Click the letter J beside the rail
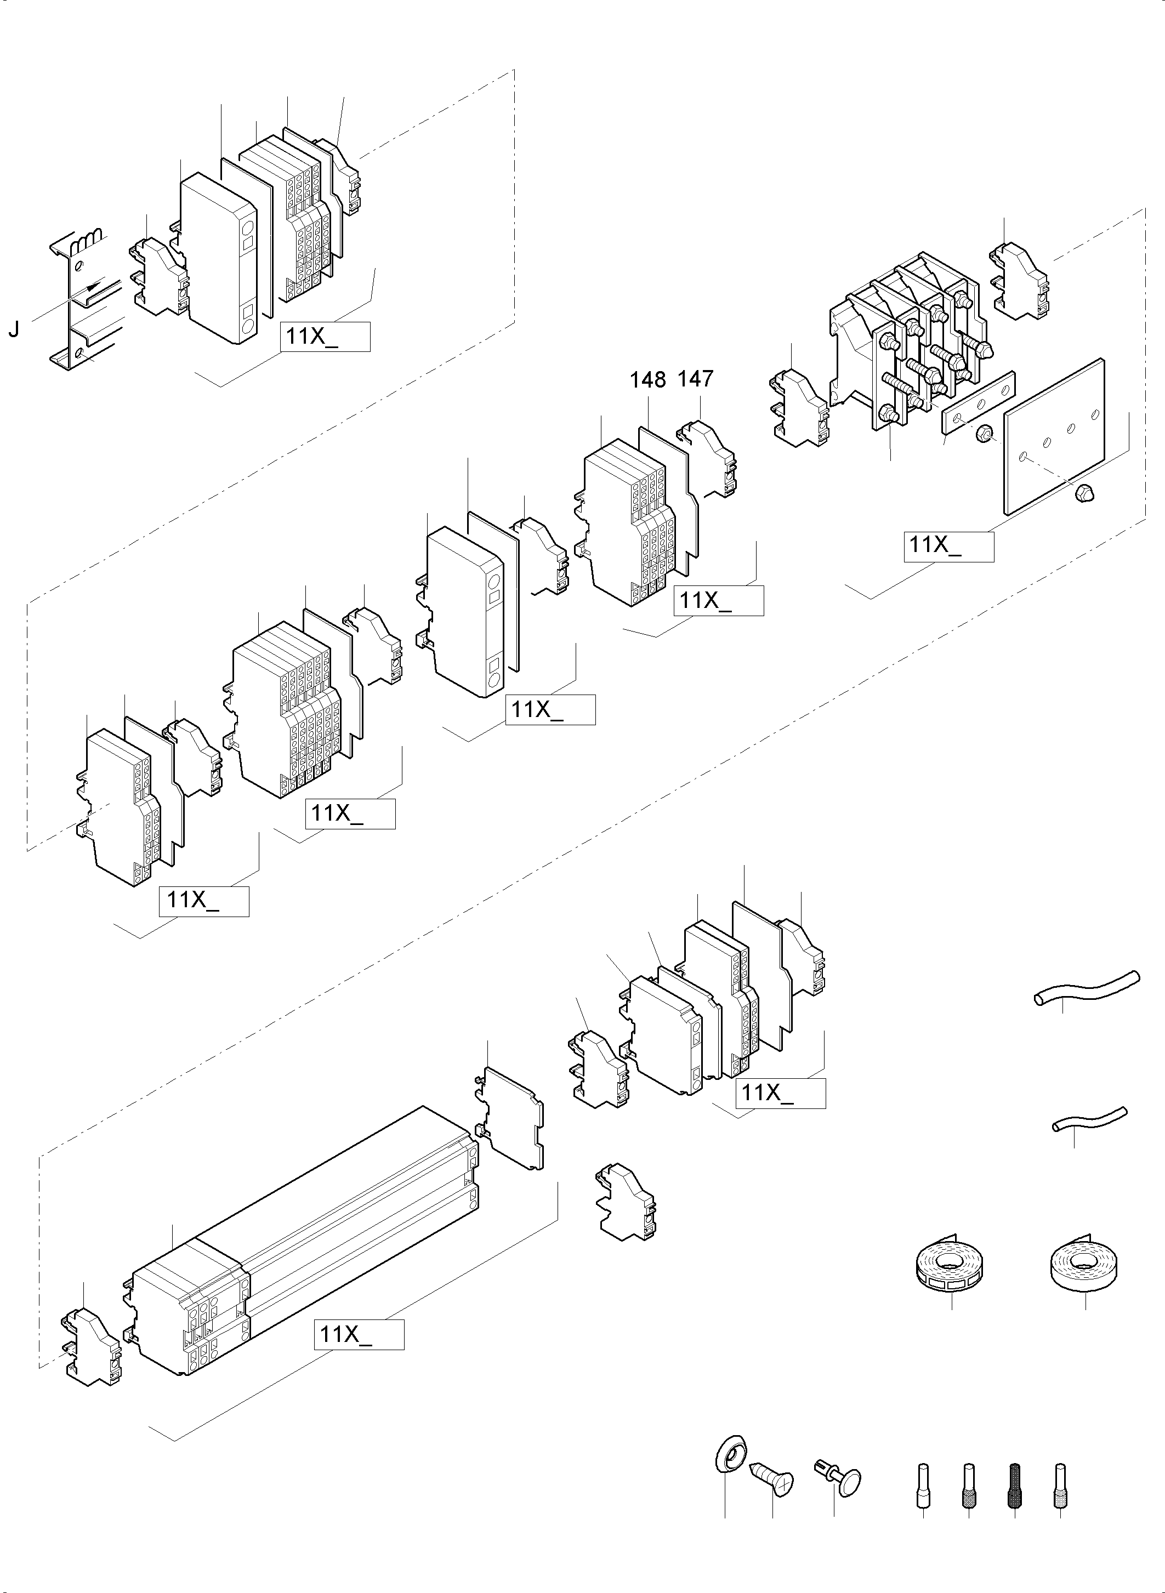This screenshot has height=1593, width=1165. click(x=13, y=330)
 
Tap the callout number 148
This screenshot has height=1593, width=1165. click(x=647, y=380)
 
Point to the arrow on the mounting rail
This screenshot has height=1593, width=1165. click(x=90, y=289)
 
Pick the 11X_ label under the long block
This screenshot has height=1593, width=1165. click(x=359, y=1335)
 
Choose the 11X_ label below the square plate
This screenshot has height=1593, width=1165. click(x=948, y=547)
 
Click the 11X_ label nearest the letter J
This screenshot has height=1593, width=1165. click(x=325, y=337)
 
